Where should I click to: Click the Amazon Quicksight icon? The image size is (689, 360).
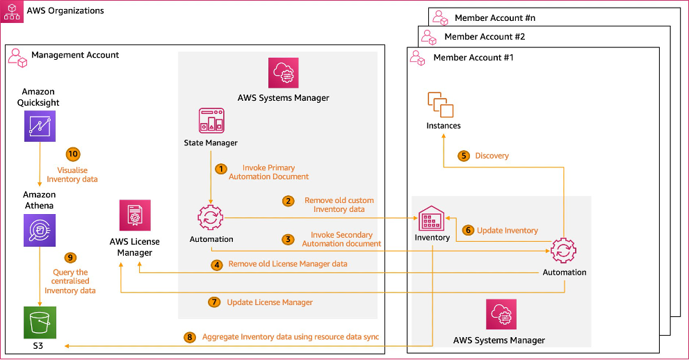(40, 127)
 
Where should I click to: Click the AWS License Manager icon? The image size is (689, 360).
(134, 216)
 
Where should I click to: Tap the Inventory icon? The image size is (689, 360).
(432, 218)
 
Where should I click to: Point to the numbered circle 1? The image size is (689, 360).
(220, 168)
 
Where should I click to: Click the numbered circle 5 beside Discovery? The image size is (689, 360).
(464, 156)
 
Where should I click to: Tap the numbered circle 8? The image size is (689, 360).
(190, 337)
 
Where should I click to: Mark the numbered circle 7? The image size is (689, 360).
(214, 302)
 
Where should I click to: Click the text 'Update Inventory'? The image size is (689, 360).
(507, 230)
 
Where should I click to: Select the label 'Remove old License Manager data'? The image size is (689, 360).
(287, 264)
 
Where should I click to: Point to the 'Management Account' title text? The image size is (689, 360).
(75, 55)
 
